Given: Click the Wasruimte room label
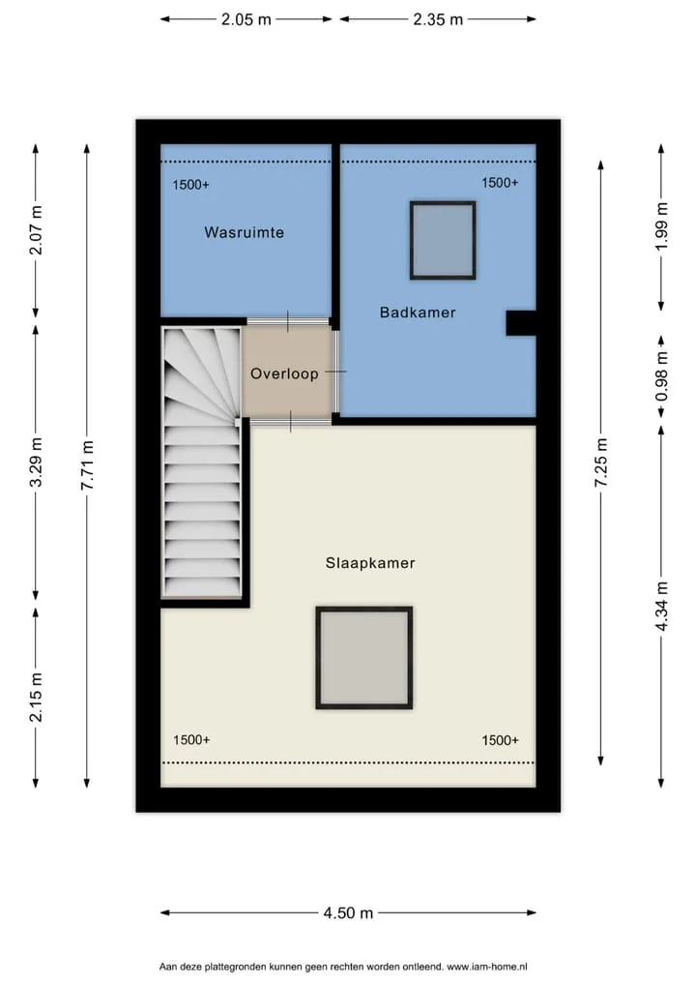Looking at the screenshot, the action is pyautogui.click(x=245, y=232).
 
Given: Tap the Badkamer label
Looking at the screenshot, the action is pyautogui.click(x=418, y=313).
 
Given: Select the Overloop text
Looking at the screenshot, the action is pyautogui.click(x=284, y=373).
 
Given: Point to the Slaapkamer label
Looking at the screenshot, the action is pyautogui.click(x=370, y=563).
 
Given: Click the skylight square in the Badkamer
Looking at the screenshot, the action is pyautogui.click(x=443, y=240).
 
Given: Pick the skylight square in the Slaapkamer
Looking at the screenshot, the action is pyautogui.click(x=364, y=658).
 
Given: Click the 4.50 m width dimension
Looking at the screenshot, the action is pyautogui.click(x=348, y=912).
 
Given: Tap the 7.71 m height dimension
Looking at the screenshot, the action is pyautogui.click(x=87, y=465).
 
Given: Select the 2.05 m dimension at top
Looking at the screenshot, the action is pyautogui.click(x=246, y=19).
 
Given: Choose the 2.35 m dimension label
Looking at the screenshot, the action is pyautogui.click(x=438, y=19).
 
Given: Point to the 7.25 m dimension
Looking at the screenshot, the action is pyautogui.click(x=601, y=462).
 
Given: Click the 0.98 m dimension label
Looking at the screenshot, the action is pyautogui.click(x=661, y=376).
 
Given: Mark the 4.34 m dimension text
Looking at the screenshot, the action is pyautogui.click(x=661, y=607).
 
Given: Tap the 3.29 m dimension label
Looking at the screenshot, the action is pyautogui.click(x=37, y=462).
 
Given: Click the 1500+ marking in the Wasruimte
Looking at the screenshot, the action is pyautogui.click(x=190, y=185).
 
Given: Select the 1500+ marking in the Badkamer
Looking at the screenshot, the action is pyautogui.click(x=500, y=183).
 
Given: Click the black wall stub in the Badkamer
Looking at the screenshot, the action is pyautogui.click(x=521, y=323).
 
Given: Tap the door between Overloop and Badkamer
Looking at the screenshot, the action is pyautogui.click(x=336, y=372).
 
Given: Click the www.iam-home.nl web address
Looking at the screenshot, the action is pyautogui.click(x=487, y=967).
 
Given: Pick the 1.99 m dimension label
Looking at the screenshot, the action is pyautogui.click(x=661, y=226).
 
